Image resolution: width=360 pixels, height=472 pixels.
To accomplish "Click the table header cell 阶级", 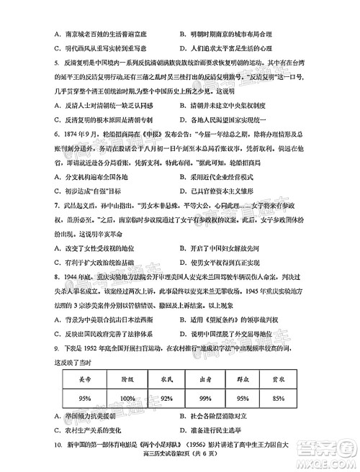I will pyautogui.click(x=127, y=377).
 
